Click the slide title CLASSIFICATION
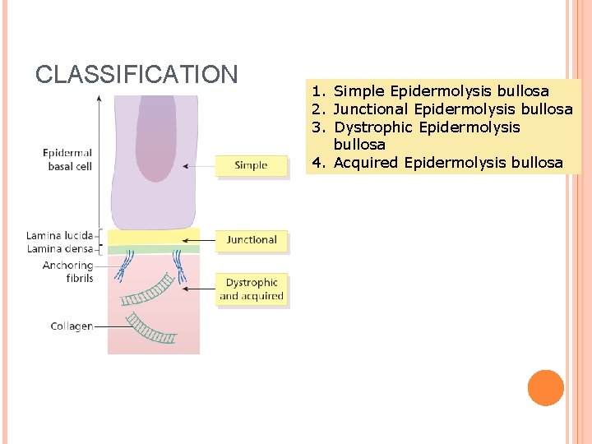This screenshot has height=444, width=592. pyautogui.click(x=136, y=75)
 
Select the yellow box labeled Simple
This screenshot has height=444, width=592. pyautogui.click(x=252, y=165)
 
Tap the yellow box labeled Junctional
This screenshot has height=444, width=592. pyautogui.click(x=252, y=240)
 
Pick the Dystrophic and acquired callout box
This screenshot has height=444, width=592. pyautogui.click(x=252, y=289)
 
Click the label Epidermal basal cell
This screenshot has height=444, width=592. pyautogui.click(x=67, y=160)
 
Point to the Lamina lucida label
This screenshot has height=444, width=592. pyautogui.click(x=59, y=236)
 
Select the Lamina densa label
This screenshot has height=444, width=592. pyautogui.click(x=59, y=248)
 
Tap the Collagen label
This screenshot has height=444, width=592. pyautogui.click(x=72, y=326)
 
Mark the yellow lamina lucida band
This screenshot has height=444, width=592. pyautogui.click(x=153, y=237)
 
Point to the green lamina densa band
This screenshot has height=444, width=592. pyautogui.click(x=153, y=249)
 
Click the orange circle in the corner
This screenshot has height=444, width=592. pyautogui.click(x=545, y=388)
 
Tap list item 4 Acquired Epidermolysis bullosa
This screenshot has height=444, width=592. pyautogui.click(x=437, y=163)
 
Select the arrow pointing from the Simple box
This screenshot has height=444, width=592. pyautogui.click(x=198, y=165)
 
